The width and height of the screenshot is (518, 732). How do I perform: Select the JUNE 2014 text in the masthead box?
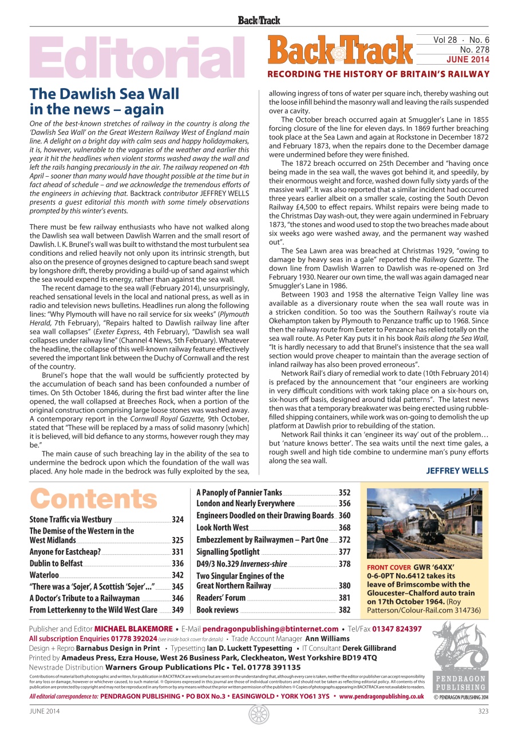tap(468, 59)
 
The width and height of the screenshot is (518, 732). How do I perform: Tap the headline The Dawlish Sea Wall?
tap(104, 94)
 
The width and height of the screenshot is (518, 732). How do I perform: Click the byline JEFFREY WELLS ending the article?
tap(457, 471)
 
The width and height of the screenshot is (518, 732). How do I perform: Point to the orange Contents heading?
tap(93, 499)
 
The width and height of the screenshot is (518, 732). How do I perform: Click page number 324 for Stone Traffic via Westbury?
tap(177, 520)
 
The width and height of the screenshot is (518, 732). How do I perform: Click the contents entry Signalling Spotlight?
tap(228, 552)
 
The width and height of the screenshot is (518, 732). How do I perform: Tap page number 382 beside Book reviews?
tap(344, 610)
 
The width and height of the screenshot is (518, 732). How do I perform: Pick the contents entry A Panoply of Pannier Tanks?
tap(239, 492)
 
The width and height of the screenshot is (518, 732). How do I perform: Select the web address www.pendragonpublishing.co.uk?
tap(381, 697)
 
